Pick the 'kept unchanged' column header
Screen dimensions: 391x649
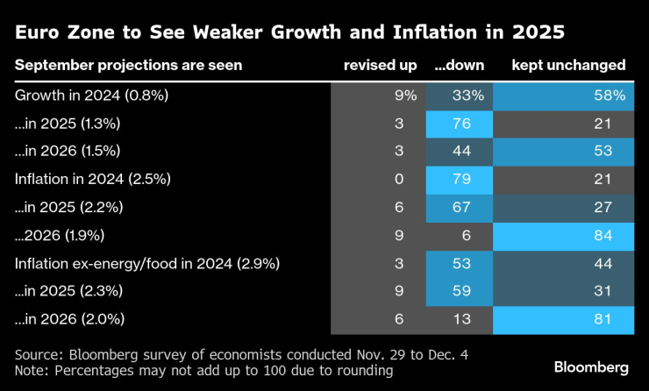568,66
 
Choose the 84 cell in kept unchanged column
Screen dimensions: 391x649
564,235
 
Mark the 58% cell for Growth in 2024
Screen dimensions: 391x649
564,96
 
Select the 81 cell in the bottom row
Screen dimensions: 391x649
564,320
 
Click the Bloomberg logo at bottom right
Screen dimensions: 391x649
589,365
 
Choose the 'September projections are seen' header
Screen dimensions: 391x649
128,66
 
